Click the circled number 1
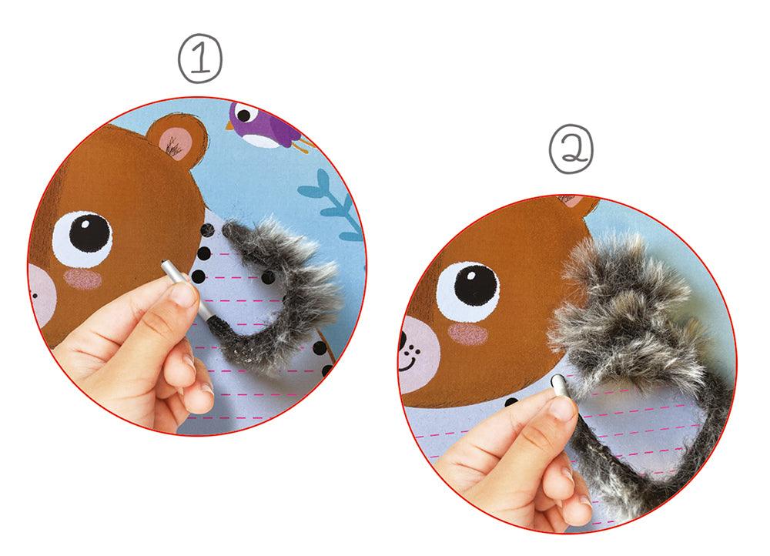(200, 58)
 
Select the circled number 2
(571, 149)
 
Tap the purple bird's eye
(243, 116)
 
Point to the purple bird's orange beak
(229, 126)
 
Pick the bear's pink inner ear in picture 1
(176, 142)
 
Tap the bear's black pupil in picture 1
(90, 233)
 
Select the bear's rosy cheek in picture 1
(82, 279)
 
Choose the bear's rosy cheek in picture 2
(467, 334)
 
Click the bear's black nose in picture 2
(403, 339)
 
